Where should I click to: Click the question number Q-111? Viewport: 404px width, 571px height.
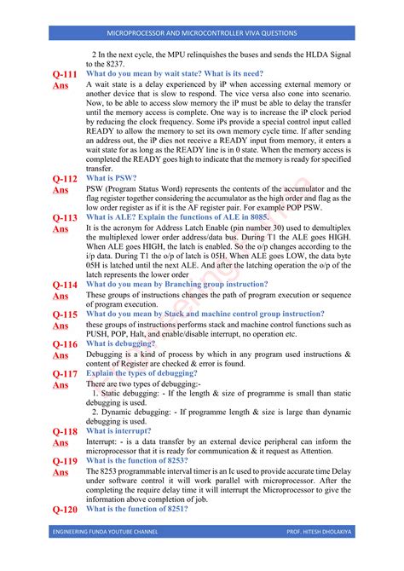coord(65,75)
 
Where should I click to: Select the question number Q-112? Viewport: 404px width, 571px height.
coord(65,179)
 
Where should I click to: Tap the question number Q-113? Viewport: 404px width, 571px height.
coord(65,218)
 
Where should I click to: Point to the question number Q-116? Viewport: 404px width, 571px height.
coord(65,344)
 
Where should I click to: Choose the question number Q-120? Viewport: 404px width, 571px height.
coord(65,510)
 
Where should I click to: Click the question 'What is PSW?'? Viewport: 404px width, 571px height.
coord(112,178)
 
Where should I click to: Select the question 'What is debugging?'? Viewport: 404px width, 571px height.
coord(124,343)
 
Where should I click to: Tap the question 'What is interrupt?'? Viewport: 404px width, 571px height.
coord(124,431)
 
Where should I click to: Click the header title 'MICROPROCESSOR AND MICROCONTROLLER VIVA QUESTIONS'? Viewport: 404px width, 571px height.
coord(202,33)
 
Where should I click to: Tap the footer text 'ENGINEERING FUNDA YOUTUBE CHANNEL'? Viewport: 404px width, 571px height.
coord(107,555)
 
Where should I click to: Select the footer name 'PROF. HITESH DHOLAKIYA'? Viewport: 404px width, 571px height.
coord(319,555)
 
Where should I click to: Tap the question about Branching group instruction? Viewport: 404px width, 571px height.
coord(188,284)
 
